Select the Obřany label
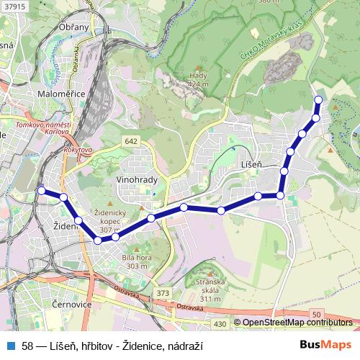tap(74, 27)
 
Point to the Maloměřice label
tap(66, 94)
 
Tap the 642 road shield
tap(130, 141)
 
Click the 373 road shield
tap(163, 293)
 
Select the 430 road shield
tap(220, 325)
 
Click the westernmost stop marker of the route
tap(41, 191)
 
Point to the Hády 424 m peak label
tap(198, 79)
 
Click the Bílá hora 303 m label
tap(136, 261)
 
